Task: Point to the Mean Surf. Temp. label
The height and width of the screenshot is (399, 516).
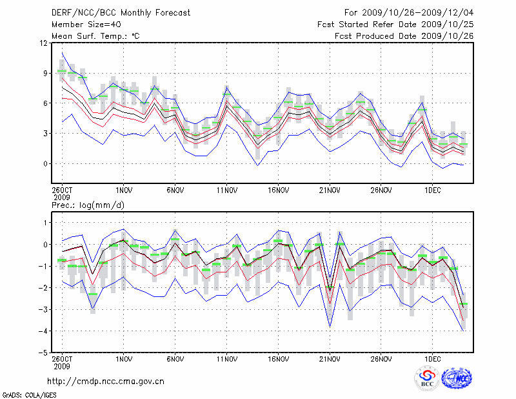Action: tap(95, 36)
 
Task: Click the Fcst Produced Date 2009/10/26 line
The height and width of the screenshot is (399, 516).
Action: tap(404, 36)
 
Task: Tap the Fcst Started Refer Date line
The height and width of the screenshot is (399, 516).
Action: tap(395, 25)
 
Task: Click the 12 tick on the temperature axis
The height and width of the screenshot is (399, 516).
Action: tap(44, 43)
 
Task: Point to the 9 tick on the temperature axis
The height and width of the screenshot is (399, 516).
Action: tap(46, 74)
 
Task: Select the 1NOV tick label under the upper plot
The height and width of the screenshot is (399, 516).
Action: tap(124, 190)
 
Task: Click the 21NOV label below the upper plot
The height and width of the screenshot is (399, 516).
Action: tap(329, 190)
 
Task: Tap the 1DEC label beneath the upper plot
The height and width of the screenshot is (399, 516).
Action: tap(432, 190)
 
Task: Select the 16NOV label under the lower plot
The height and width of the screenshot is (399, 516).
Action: tap(277, 358)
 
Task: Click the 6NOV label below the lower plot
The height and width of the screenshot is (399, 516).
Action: tap(175, 358)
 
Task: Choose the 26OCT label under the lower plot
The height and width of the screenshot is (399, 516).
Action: tap(62, 358)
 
